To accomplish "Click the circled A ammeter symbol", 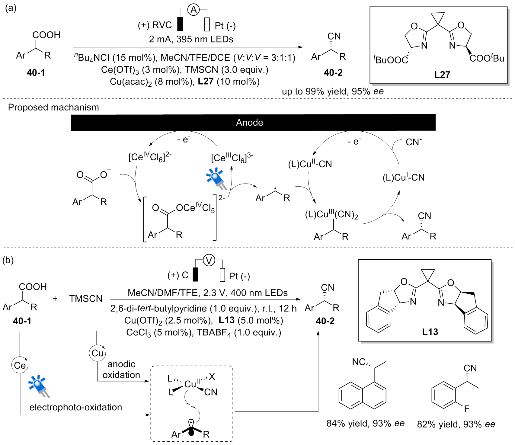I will pyautogui.click(x=194, y=10).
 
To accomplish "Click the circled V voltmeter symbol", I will pyautogui.click(x=209, y=260).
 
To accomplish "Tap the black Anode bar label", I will pyautogui.click(x=249, y=122).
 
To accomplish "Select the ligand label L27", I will pyautogui.click(x=442, y=75).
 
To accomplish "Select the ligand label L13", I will pyautogui.click(x=430, y=332).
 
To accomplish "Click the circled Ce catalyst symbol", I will pyautogui.click(x=20, y=365).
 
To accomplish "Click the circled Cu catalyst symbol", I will pyautogui.click(x=97, y=353).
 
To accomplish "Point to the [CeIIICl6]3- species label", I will pyautogui.click(x=232, y=158).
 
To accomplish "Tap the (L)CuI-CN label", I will pyautogui.click(x=403, y=177).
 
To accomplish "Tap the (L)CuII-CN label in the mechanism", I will pyautogui.click(x=310, y=164).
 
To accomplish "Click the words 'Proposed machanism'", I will pyautogui.click(x=53, y=107).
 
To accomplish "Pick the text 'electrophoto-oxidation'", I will pyautogui.click(x=76, y=407).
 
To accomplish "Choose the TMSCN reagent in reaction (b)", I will pyautogui.click(x=86, y=299).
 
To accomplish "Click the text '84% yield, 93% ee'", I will pyautogui.click(x=365, y=423).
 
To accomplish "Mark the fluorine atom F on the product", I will pyautogui.click(x=467, y=409).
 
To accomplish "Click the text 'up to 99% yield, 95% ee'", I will pyautogui.click(x=333, y=91).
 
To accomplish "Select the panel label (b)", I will pyautogui.click(x=8, y=260).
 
